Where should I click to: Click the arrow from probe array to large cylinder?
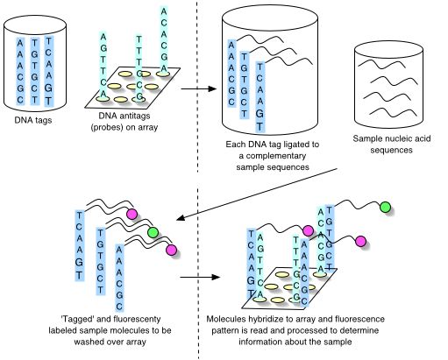196,88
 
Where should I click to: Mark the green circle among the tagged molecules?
153,233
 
